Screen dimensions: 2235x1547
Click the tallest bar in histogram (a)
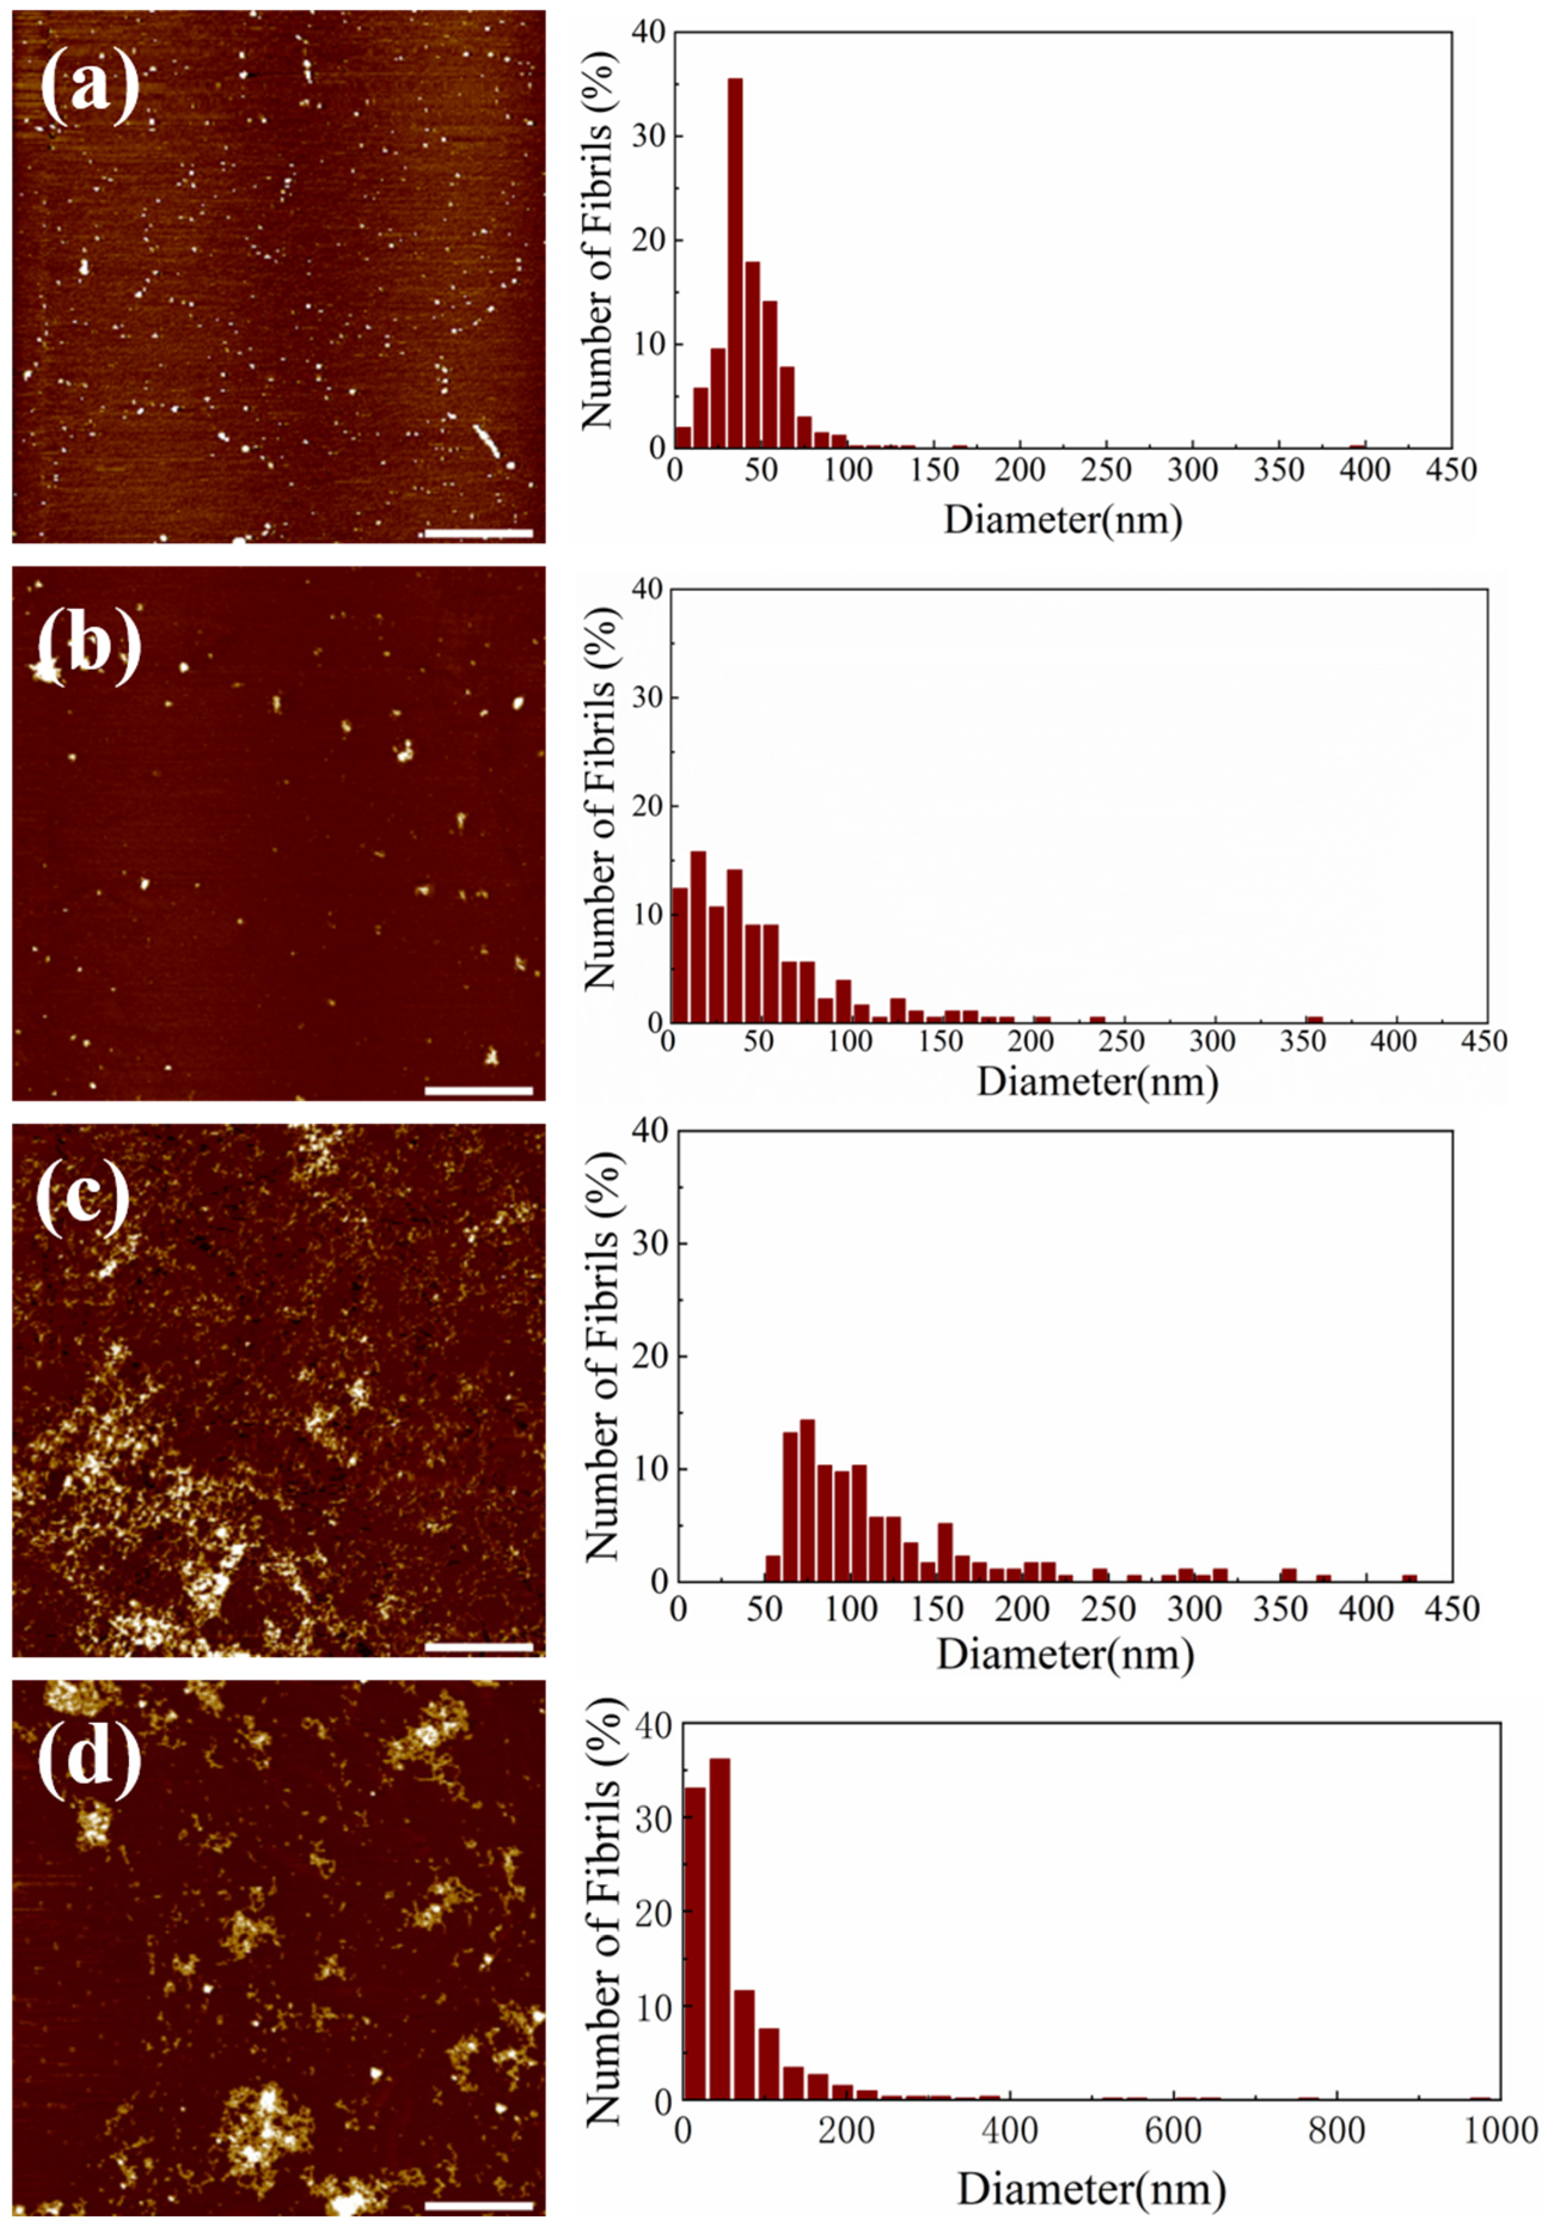[735, 262]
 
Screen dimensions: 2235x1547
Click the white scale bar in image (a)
[479, 533]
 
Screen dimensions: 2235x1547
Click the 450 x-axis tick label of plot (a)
[1451, 470]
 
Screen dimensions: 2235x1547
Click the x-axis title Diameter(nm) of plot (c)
[1064, 1654]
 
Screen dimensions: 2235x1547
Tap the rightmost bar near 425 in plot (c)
[1410, 1578]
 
